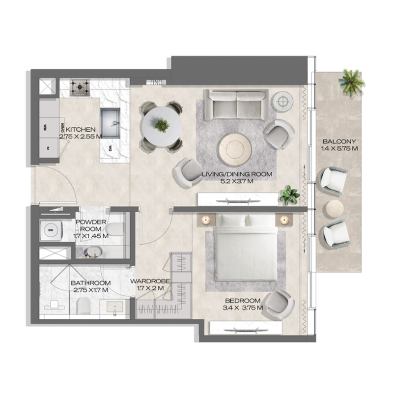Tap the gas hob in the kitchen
(x=78, y=88)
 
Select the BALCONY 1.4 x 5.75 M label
(x=339, y=144)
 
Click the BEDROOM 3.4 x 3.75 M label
(x=243, y=304)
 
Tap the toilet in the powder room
(x=114, y=229)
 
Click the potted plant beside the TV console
(x=289, y=195)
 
